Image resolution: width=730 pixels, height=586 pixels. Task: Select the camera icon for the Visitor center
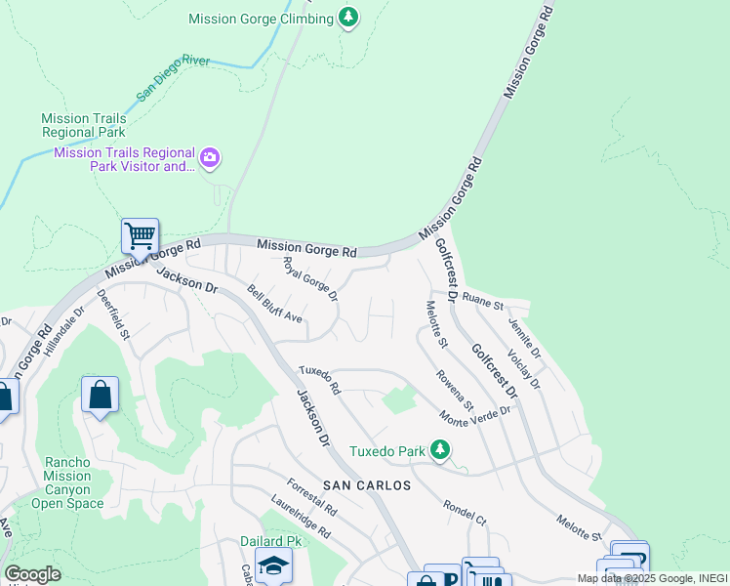[210, 157]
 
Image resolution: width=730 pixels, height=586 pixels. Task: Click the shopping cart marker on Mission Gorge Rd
[140, 235]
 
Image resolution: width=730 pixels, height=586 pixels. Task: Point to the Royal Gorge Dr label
[309, 278]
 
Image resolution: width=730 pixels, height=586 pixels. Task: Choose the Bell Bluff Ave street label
[274, 305]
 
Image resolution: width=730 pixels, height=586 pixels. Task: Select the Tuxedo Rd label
[319, 380]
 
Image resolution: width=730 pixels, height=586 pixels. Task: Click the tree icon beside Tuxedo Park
[441, 449]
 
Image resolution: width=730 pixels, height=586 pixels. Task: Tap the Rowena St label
[455, 391]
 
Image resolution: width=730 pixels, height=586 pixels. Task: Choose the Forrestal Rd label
[311, 497]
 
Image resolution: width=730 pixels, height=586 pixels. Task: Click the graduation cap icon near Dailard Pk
[273, 565]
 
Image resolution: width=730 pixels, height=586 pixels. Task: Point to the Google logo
[33, 573]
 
